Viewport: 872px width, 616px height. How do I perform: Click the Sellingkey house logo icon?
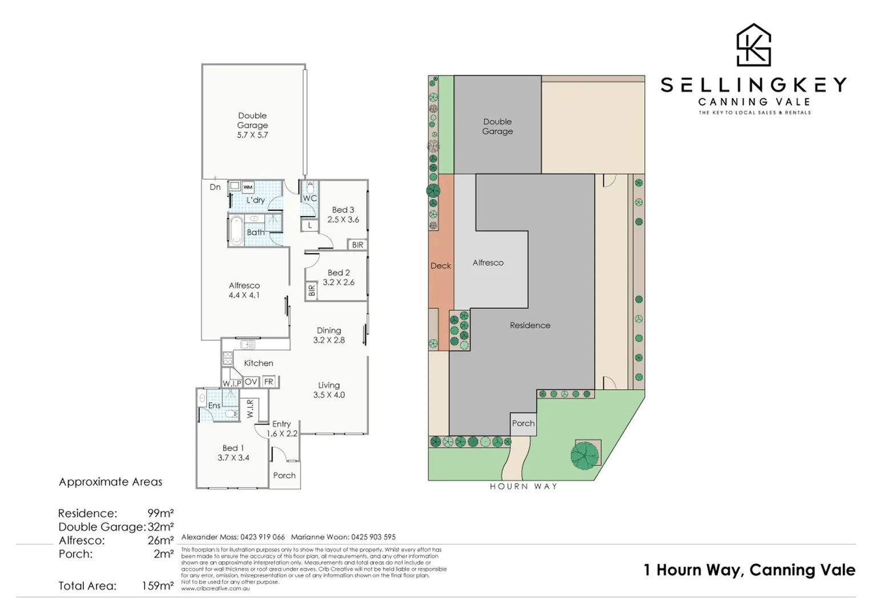point(753,45)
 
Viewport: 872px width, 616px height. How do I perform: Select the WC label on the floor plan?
point(310,198)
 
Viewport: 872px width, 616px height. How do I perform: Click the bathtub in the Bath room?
point(236,230)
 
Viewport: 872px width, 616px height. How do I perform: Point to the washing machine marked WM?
point(248,187)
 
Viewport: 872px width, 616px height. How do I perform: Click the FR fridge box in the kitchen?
point(269,382)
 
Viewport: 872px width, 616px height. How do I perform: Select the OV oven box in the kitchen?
point(251,382)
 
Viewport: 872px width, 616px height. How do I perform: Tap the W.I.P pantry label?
point(232,383)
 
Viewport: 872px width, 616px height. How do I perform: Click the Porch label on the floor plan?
point(284,475)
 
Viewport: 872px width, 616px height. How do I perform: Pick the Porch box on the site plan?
point(523,423)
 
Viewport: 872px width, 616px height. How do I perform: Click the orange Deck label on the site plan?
point(441,266)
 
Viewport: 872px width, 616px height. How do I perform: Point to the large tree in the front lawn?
point(584,455)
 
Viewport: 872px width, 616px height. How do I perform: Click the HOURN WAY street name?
point(523,487)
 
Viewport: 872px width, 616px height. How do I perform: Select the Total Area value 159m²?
point(158,586)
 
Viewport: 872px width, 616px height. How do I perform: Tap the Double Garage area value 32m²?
point(160,527)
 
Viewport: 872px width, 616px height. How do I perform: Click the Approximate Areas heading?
point(111,482)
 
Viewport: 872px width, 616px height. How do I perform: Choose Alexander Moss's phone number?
point(262,537)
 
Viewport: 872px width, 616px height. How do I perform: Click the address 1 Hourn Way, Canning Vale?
point(749,570)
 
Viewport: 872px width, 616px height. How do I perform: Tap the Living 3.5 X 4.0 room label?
point(329,390)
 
